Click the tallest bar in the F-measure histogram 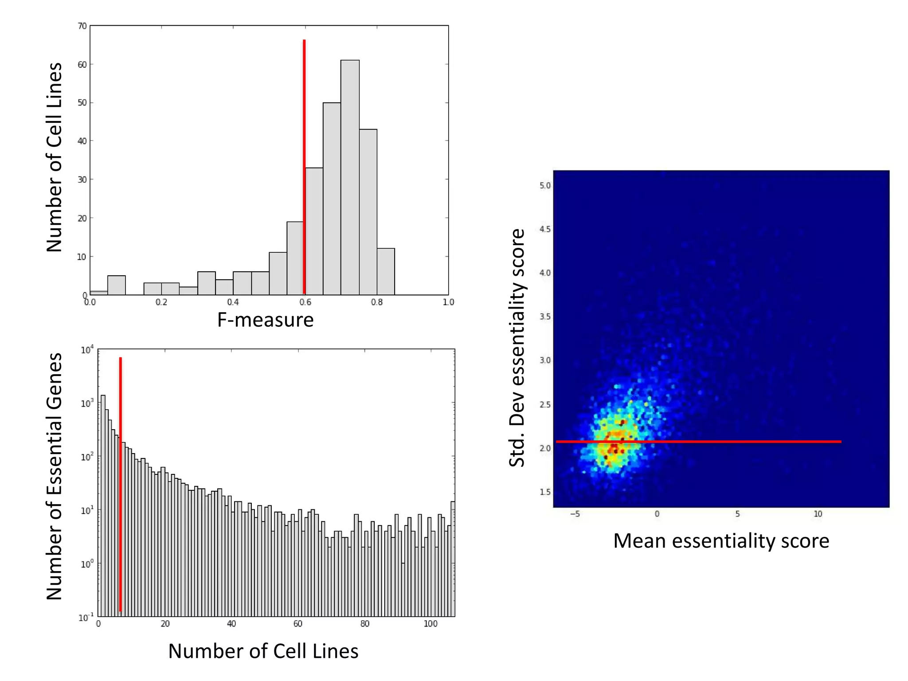click(x=350, y=177)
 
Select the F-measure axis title click(x=265, y=320)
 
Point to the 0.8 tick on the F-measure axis click(x=377, y=302)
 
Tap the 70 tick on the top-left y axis click(x=82, y=26)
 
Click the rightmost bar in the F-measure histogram click(x=386, y=272)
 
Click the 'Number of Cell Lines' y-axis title click(x=55, y=157)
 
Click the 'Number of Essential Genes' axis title click(x=55, y=477)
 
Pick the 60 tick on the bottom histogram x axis click(x=298, y=624)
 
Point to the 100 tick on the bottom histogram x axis click(x=430, y=624)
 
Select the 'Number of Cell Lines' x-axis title click(x=263, y=651)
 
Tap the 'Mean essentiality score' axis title click(x=721, y=541)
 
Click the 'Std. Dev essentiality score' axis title click(x=517, y=348)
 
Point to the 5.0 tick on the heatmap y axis click(x=545, y=185)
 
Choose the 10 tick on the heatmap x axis click(x=818, y=514)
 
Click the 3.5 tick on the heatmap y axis click(x=545, y=317)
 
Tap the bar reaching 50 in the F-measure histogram click(x=332, y=200)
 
